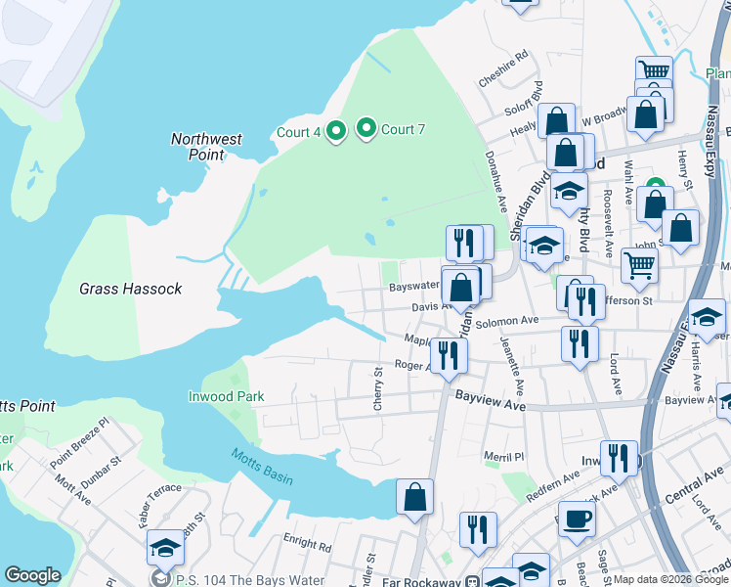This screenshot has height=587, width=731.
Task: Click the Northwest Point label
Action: tap(206, 147)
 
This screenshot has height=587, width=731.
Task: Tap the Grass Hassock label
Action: tap(130, 290)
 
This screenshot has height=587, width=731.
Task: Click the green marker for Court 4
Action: tap(335, 131)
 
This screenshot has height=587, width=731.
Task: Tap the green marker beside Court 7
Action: tap(366, 128)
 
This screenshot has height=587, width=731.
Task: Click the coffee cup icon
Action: tap(576, 519)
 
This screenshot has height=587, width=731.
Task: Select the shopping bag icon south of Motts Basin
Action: tap(415, 496)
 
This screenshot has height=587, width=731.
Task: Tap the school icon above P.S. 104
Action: tap(165, 549)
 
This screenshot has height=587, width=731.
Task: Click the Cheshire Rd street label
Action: tap(503, 69)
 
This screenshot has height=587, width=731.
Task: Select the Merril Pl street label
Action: tap(504, 456)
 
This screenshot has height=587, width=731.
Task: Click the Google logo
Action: tap(32, 575)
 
